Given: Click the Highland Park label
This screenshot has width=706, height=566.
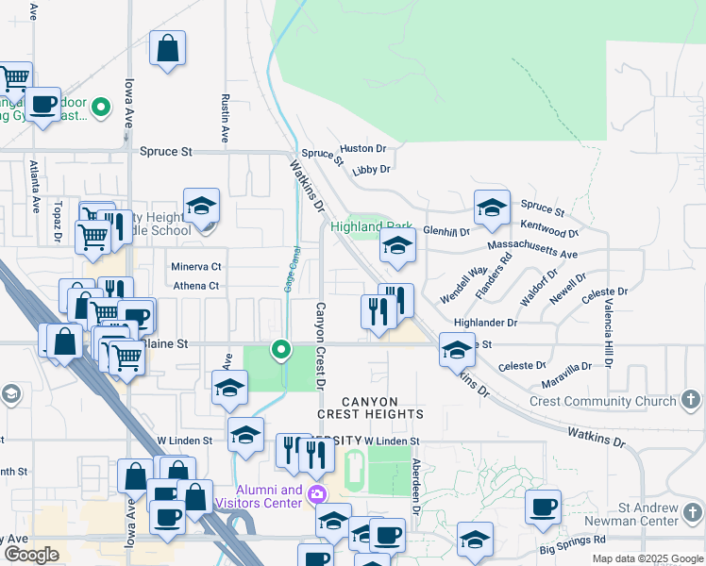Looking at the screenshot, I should [372, 226].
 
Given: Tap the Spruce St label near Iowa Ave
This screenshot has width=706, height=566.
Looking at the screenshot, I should [165, 151].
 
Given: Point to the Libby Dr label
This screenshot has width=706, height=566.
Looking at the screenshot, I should [371, 170].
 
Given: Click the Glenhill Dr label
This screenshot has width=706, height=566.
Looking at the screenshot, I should [446, 230].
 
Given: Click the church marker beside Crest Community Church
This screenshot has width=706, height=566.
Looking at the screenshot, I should [691, 401].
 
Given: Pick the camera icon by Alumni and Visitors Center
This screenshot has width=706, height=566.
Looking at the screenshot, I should [317, 493].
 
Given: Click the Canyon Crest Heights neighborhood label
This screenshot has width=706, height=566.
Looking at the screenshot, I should [370, 408].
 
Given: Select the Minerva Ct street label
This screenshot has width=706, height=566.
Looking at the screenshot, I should [196, 267].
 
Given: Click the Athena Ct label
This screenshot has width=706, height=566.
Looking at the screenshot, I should [196, 286].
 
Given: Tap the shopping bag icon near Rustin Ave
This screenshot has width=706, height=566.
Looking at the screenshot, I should [167, 48].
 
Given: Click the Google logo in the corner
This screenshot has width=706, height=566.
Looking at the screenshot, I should [31, 555].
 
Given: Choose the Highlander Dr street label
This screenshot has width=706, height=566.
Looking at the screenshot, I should [486, 323].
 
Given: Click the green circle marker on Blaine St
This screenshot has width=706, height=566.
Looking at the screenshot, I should [280, 349].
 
